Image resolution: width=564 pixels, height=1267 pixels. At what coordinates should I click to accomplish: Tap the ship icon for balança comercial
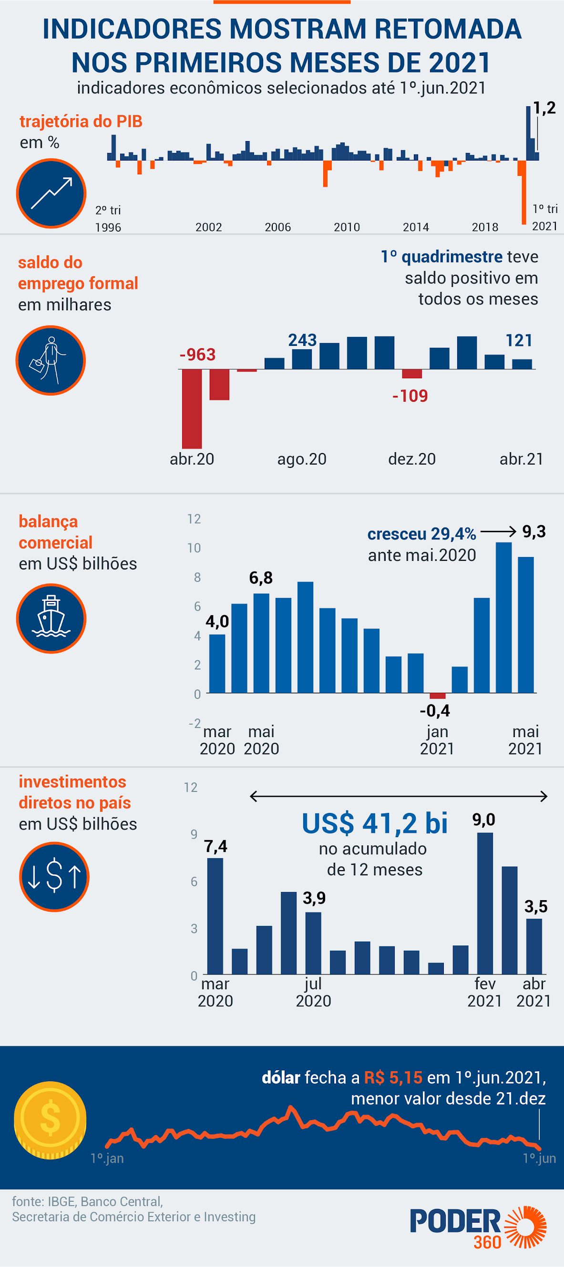pos(51,618)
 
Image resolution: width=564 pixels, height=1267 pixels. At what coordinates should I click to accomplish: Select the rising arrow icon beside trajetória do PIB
pos(51,193)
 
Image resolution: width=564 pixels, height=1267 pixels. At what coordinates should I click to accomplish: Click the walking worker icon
pos(51,361)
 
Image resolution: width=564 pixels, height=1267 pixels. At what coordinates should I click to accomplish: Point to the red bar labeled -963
pos(192,408)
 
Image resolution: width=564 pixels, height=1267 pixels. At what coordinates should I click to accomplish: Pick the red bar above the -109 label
pos(412,374)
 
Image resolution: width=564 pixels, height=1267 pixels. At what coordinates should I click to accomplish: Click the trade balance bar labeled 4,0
pos(217,663)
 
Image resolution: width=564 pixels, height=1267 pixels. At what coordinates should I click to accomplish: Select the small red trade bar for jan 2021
pos(438,696)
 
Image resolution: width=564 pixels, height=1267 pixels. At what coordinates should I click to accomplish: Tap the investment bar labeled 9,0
pos(485,903)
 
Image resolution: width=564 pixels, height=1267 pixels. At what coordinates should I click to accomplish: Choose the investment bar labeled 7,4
pos(215,916)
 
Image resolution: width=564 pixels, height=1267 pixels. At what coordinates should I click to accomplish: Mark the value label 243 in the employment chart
pos(302,340)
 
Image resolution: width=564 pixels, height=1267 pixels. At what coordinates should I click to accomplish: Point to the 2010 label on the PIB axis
pos(347,227)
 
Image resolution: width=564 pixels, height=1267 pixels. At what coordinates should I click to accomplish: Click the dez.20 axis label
pos(412,459)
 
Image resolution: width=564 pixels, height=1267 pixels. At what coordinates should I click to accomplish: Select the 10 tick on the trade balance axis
pos(194,548)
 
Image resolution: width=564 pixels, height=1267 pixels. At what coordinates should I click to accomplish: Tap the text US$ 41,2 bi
pos(375,823)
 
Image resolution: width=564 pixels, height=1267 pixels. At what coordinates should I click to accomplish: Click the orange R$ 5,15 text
pos(393,1078)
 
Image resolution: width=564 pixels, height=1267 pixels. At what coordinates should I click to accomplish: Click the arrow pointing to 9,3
pos(498,532)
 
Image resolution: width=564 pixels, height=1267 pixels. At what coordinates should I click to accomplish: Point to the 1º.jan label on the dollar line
pos(107,1158)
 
